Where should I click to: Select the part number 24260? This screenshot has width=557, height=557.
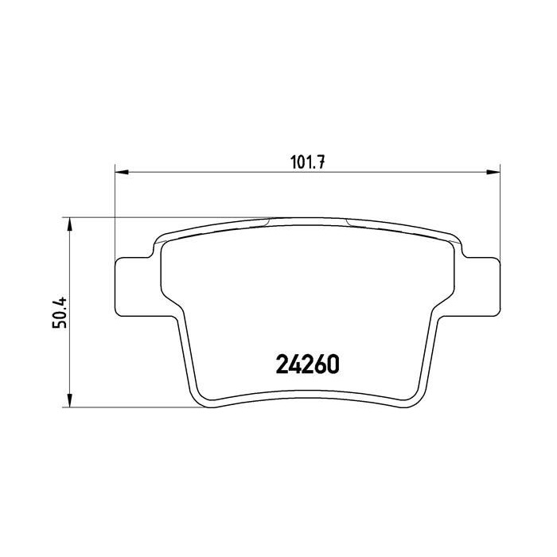coord(306,364)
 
